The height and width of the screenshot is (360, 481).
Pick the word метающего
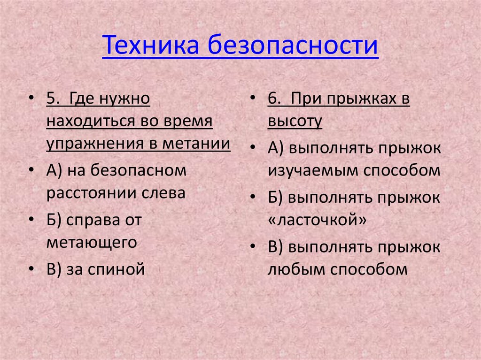[x=92, y=242]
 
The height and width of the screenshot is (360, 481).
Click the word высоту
[x=295, y=122]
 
